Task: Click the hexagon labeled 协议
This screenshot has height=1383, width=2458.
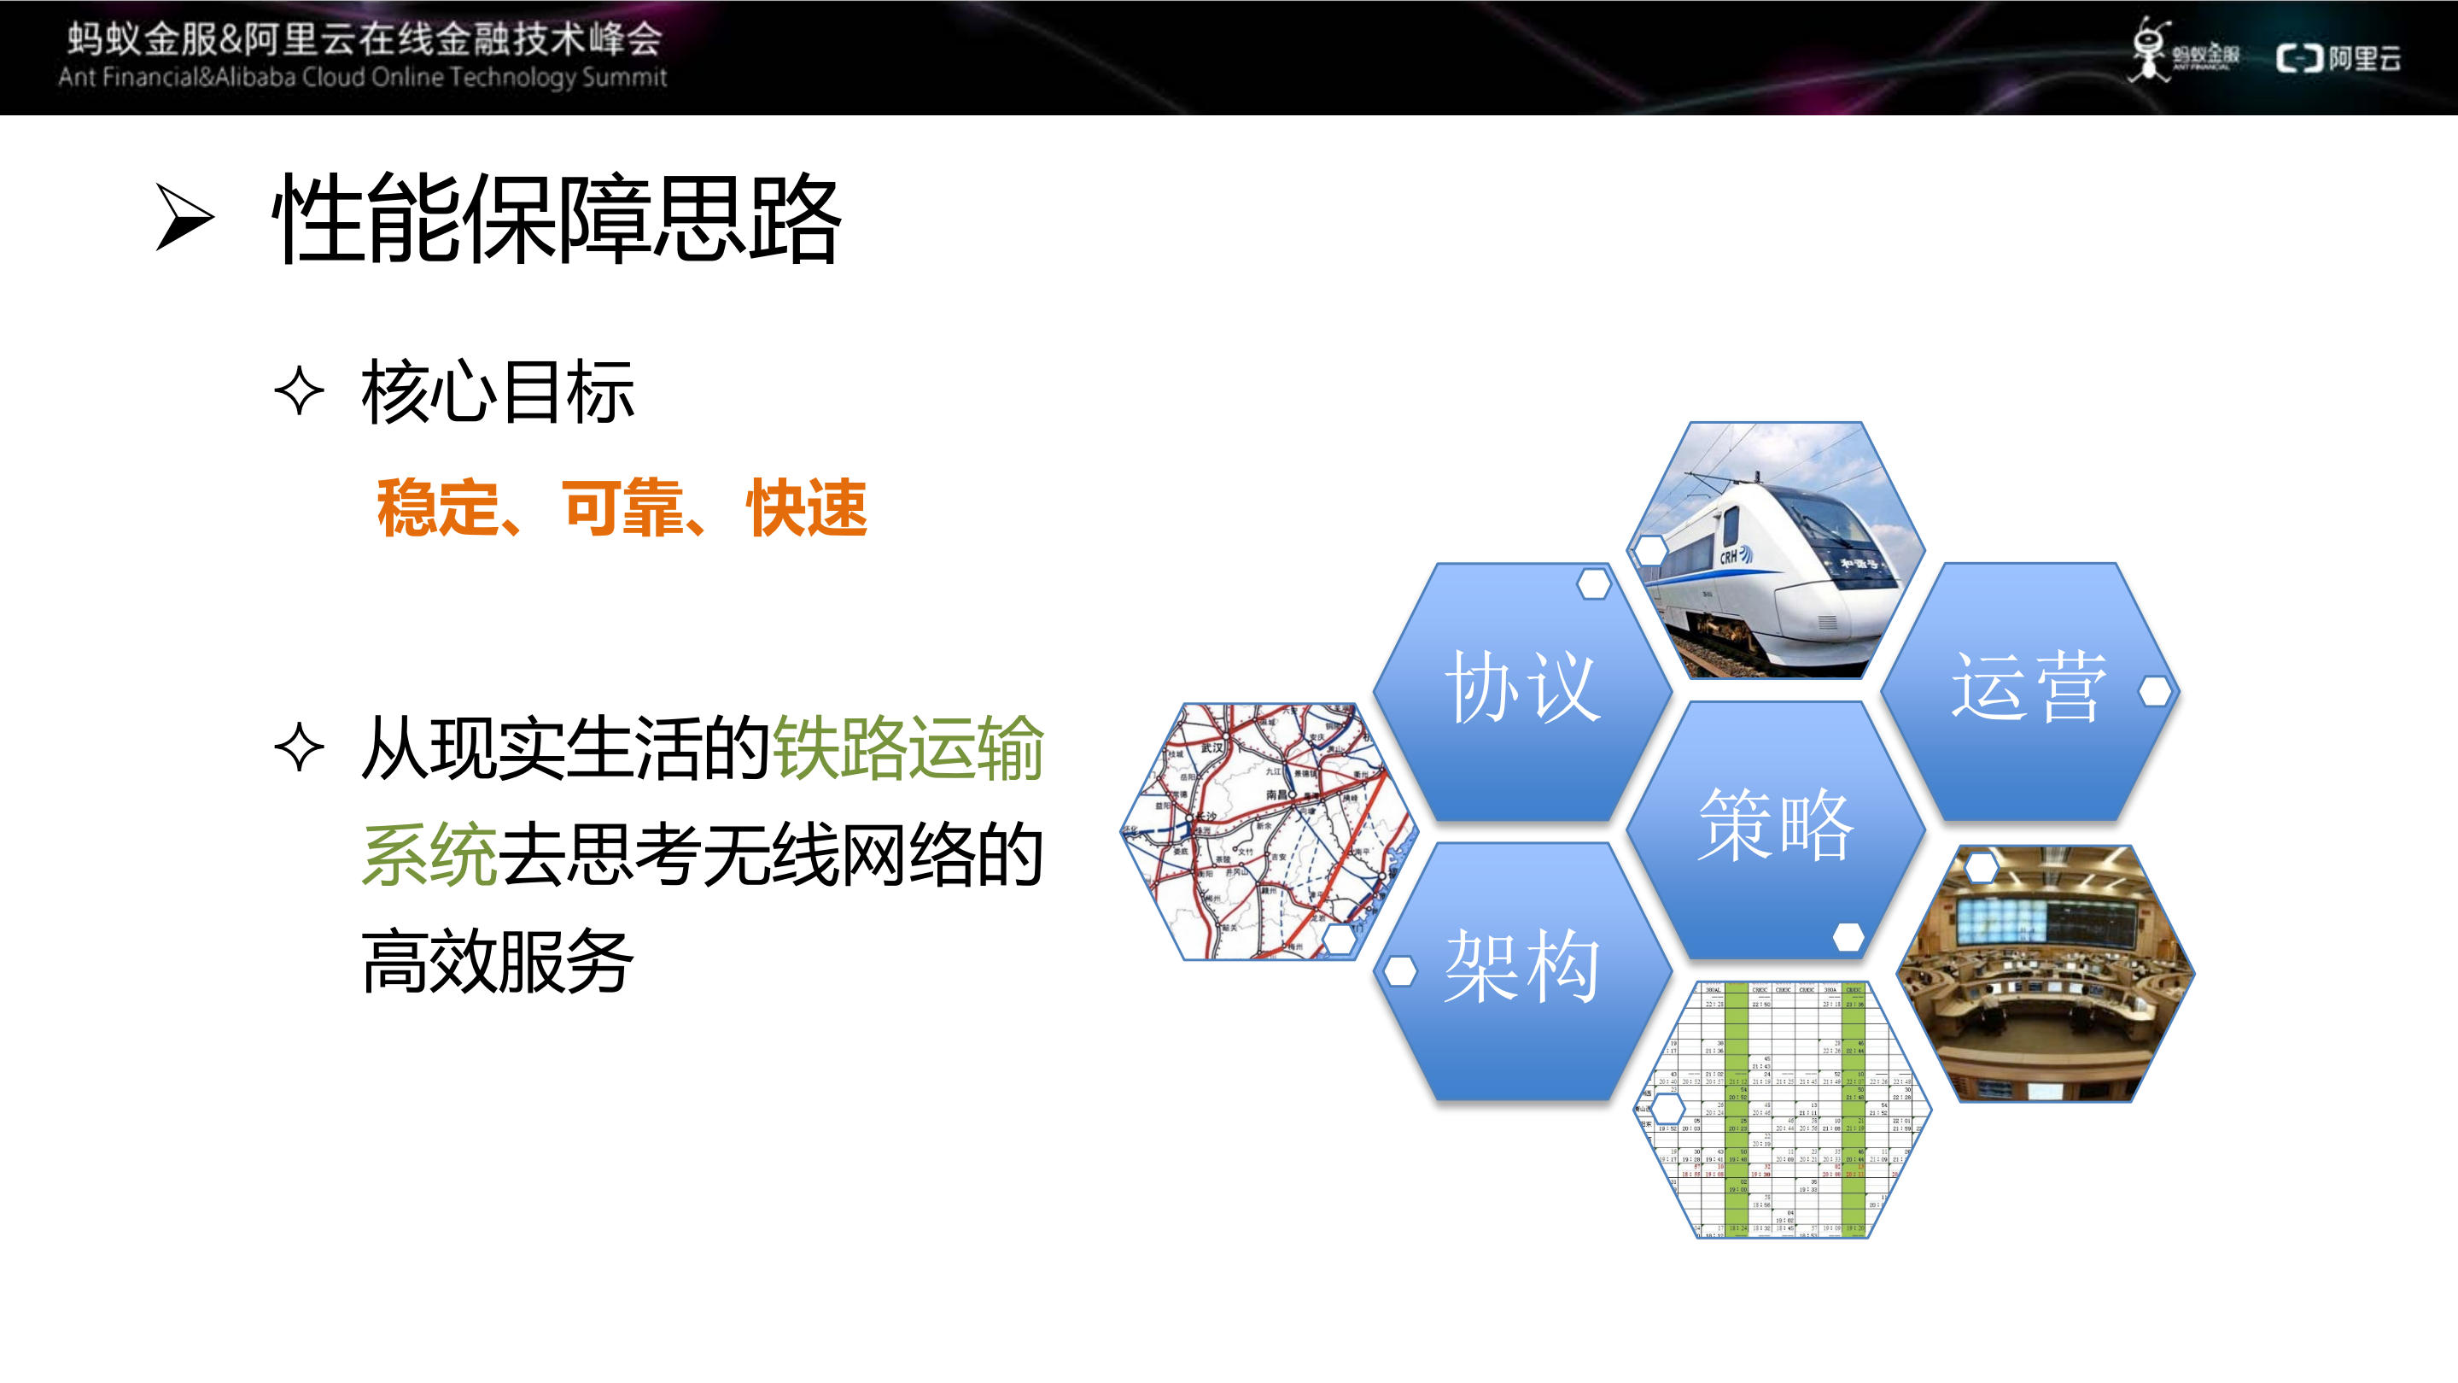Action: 1522,689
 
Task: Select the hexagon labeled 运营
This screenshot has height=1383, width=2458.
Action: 2029,689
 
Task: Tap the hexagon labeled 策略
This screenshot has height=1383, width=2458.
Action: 1775,828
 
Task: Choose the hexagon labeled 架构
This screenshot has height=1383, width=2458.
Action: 1522,969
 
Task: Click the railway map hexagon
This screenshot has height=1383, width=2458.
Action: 1267,830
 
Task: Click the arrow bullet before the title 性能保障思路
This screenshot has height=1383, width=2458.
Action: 184,218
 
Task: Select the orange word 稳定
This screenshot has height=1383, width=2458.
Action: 437,507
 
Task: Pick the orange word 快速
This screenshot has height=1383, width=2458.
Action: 806,507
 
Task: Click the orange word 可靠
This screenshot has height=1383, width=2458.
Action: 622,507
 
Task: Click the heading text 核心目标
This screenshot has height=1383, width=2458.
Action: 497,392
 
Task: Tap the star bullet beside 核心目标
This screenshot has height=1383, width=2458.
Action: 300,391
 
